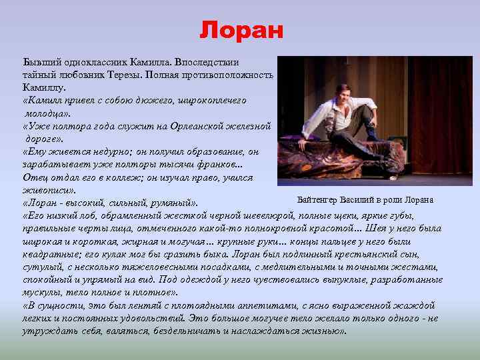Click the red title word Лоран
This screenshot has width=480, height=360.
click(x=241, y=30)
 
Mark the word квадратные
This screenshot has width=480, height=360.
click(x=47, y=253)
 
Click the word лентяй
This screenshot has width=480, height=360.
click(x=122, y=305)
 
